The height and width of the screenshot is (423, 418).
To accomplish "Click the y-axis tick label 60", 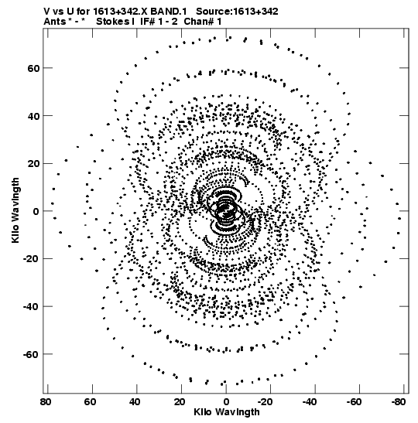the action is click(33, 69).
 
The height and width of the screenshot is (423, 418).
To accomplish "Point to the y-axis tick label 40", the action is click(33, 116).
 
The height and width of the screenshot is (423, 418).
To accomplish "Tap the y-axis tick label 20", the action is click(33, 164).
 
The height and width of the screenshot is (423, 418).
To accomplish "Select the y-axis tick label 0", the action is click(36, 212).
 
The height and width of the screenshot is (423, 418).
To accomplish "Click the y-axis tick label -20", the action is click(31, 259).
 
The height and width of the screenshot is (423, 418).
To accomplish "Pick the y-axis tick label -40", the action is click(31, 307).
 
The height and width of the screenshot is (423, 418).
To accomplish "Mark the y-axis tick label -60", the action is click(31, 354).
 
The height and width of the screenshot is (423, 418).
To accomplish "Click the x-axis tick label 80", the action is click(46, 402).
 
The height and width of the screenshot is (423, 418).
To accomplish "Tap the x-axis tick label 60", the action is click(90, 402).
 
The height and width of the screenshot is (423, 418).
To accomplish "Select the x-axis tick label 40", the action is click(135, 402).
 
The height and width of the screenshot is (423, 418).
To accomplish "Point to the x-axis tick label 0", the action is click(226, 402).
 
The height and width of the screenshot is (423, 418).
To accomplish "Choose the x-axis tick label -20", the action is click(265, 402).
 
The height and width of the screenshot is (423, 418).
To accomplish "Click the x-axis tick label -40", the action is click(310, 402).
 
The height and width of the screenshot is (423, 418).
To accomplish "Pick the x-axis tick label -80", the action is click(399, 402).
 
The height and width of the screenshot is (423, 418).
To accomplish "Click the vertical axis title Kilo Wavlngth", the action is click(15, 210).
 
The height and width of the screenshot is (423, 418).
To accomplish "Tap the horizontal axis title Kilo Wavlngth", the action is click(227, 412).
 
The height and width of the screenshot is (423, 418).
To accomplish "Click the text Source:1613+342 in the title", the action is click(237, 12).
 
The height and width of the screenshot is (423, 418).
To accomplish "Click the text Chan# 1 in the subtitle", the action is click(203, 22).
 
